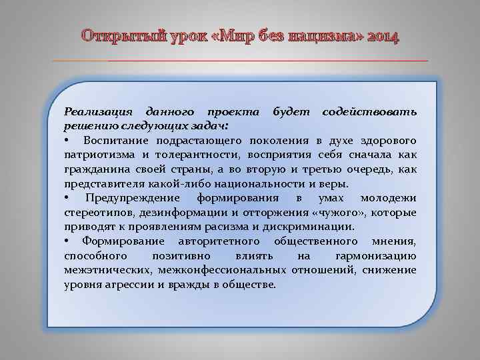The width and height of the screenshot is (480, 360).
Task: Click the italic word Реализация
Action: click(x=97, y=110)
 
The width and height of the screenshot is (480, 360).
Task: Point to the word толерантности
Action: click(x=175, y=154)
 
